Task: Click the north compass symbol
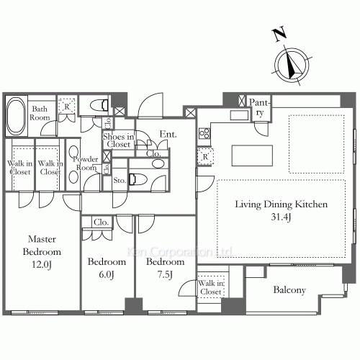point(292,63)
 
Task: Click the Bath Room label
point(39,114)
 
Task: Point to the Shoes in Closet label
point(117,140)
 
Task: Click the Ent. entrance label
point(168,133)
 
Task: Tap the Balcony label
point(289,291)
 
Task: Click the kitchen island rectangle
point(251,154)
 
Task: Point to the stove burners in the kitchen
point(203,132)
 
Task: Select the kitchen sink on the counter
point(238,114)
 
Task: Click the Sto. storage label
point(120,181)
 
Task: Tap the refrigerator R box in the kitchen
point(204,156)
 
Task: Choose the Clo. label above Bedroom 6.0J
point(100,223)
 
